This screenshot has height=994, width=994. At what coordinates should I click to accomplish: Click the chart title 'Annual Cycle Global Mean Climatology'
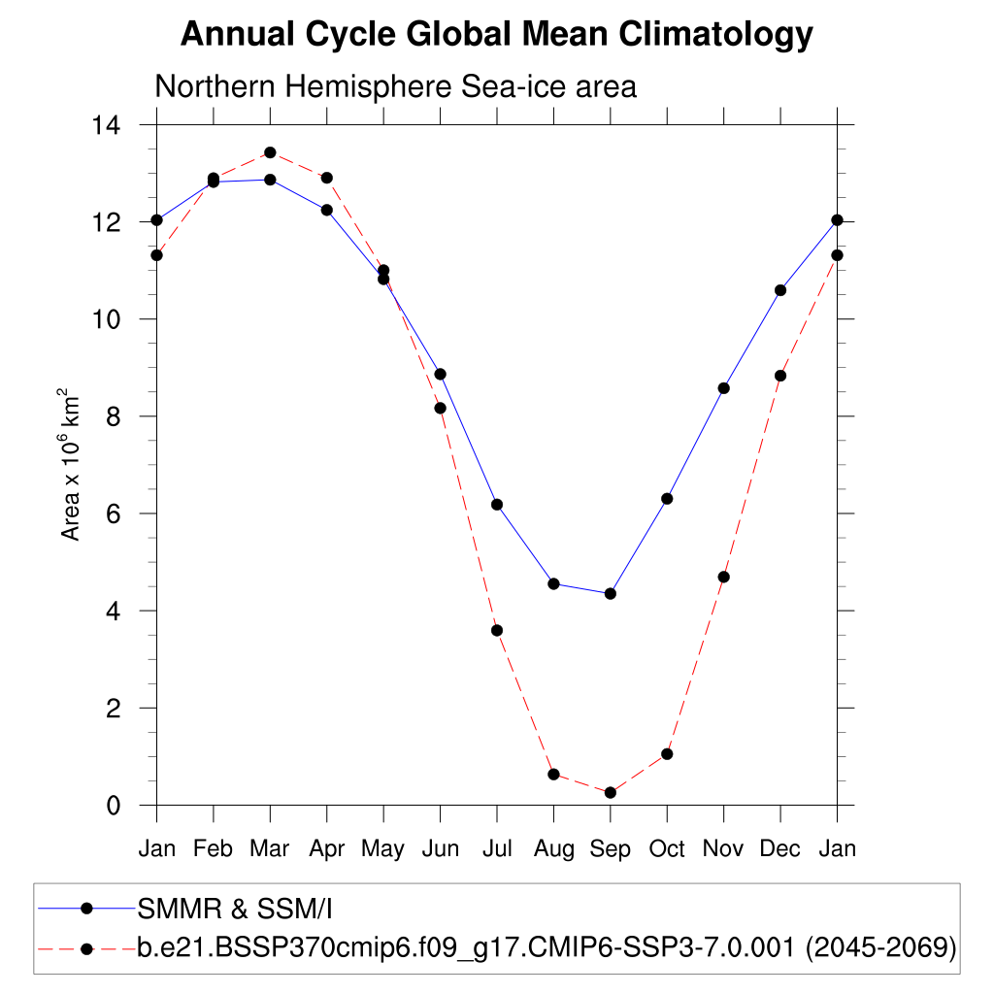tap(496, 35)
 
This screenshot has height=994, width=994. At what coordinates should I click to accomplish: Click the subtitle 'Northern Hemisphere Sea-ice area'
tap(395, 86)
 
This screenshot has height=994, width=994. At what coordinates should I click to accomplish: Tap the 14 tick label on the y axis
tap(106, 125)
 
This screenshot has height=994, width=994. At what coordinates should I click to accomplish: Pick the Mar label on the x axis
tap(270, 849)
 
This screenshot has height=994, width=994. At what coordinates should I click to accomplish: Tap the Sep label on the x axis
tap(610, 849)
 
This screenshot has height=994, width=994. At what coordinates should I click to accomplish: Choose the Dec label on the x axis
tap(779, 849)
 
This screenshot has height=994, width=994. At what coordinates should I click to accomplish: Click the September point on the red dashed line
tap(611, 793)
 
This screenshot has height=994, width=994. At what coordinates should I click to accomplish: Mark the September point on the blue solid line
tap(611, 593)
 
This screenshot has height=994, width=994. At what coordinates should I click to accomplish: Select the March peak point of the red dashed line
tap(270, 152)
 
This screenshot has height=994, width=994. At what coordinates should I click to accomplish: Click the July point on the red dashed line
tap(497, 630)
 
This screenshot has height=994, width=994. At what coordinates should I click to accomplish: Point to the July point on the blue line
tap(497, 505)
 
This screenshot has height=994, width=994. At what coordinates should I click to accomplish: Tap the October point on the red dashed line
tap(667, 754)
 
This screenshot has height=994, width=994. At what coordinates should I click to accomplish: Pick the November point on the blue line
tap(723, 388)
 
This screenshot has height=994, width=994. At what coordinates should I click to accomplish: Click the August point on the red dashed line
tap(553, 774)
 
